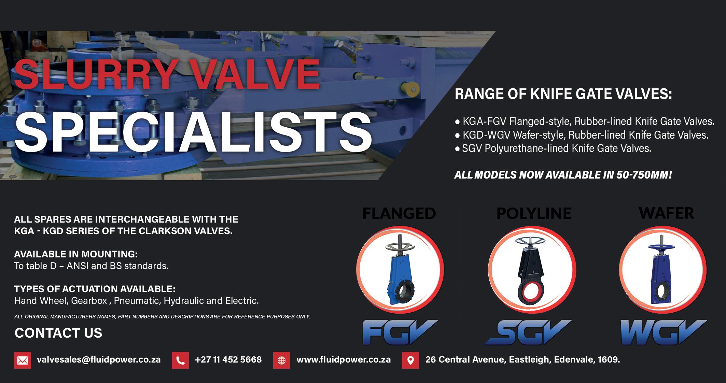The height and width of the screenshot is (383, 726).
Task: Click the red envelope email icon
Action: (x=23, y=360)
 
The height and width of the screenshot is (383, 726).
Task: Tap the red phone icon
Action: (x=180, y=360)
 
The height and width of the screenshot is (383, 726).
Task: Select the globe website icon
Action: (x=281, y=360)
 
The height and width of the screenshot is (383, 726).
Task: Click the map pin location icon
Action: (x=410, y=360)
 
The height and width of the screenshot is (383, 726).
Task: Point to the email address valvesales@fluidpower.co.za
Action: (x=99, y=360)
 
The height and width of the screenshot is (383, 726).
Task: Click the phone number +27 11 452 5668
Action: (x=228, y=360)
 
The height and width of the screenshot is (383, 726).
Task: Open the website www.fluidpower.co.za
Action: (x=344, y=360)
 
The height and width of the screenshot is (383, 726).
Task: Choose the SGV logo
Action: (x=528, y=332)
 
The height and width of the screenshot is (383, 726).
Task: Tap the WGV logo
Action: (x=663, y=332)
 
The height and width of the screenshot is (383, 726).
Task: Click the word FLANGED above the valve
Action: (x=399, y=214)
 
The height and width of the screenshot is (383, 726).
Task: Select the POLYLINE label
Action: (x=534, y=214)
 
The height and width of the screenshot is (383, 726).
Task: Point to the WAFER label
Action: (x=666, y=213)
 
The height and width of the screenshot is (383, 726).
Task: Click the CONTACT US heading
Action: (x=58, y=333)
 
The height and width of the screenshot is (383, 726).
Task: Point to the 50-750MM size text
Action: (x=644, y=175)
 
